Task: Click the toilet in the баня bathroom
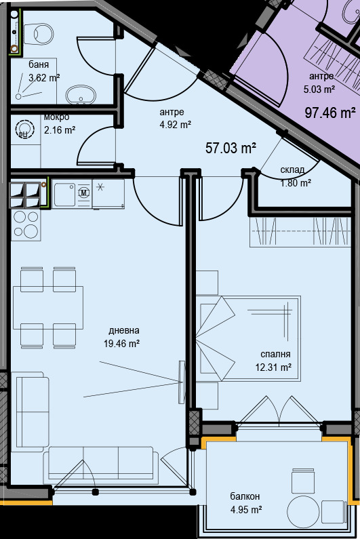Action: [x=39, y=34]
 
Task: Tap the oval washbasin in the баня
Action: [x=81, y=94]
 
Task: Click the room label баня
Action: [x=39, y=64]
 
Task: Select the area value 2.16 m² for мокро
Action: [x=60, y=130]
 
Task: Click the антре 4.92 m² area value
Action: [x=176, y=124]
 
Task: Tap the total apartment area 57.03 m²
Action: [x=231, y=148]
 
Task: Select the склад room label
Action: [x=292, y=169]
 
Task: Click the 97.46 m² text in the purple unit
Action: [x=330, y=113]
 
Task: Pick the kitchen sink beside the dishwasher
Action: [x=64, y=195]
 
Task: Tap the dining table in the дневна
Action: [x=48, y=307]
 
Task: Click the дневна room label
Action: [x=124, y=331]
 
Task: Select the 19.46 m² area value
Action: [x=122, y=343]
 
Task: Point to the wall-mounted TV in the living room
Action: [x=182, y=382]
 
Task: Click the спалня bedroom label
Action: [x=275, y=355]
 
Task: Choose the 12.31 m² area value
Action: [x=273, y=367]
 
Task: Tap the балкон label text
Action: [x=245, y=496]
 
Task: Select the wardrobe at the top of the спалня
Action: [x=300, y=232]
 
